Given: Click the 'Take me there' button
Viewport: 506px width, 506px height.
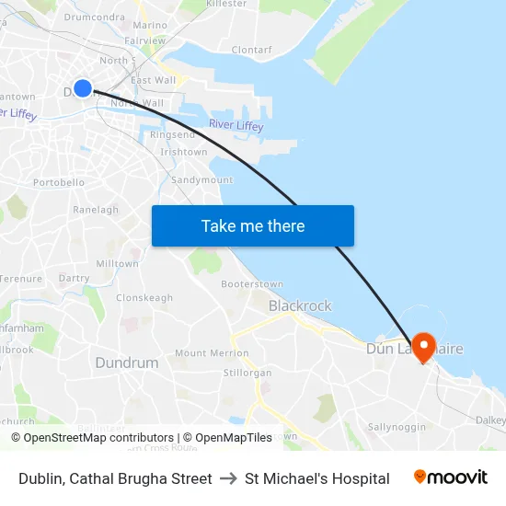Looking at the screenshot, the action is pyautogui.click(x=252, y=225).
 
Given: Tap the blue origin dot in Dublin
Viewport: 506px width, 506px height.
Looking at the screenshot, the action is pyautogui.click(x=82, y=88).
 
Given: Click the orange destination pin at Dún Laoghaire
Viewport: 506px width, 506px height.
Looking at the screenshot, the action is pyautogui.click(x=424, y=347).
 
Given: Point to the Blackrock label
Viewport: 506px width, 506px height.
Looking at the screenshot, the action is pyautogui.click(x=300, y=305).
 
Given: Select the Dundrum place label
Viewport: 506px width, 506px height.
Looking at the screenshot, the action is pyautogui.click(x=127, y=362).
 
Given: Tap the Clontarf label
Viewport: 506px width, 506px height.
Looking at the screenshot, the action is pyautogui.click(x=252, y=50).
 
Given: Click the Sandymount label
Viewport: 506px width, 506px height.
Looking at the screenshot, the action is pyautogui.click(x=202, y=180).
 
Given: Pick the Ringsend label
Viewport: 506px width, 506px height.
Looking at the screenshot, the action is pyautogui.click(x=172, y=135).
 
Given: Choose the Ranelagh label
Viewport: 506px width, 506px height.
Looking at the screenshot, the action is pyautogui.click(x=96, y=210).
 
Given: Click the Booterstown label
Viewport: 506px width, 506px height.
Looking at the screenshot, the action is pyautogui.click(x=252, y=284).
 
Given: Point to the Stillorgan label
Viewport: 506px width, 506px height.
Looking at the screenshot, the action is pyautogui.click(x=247, y=373).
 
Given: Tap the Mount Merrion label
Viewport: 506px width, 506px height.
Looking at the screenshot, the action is pyautogui.click(x=204, y=353).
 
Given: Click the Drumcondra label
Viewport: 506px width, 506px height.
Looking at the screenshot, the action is pyautogui.click(x=95, y=17).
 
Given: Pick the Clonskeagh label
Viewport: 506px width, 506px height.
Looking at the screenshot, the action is pyautogui.click(x=144, y=298).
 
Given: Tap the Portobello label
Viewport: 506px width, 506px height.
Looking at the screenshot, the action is pyautogui.click(x=59, y=182).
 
